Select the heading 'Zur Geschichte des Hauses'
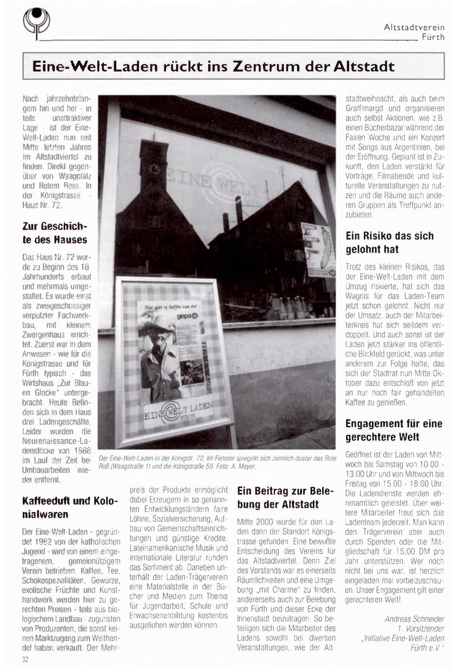pyautogui.click(x=55, y=233)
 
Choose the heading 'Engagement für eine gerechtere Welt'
pyautogui.click(x=394, y=430)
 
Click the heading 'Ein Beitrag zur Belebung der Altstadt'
pyautogui.click(x=285, y=497)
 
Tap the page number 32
pyautogui.click(x=25, y=660)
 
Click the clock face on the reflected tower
pyautogui.click(x=154, y=169)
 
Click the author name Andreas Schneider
pyautogui.click(x=414, y=619)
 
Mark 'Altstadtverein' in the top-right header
pyautogui.click(x=414, y=28)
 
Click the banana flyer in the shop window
pyautogui.click(x=317, y=247)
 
